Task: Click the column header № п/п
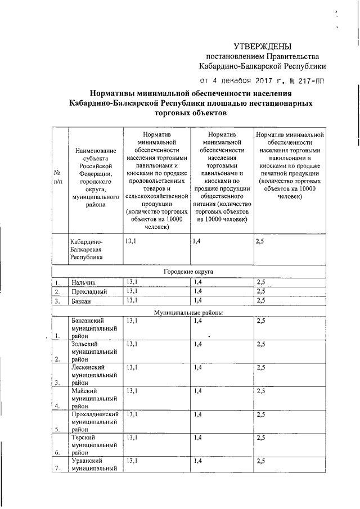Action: pos(58,177)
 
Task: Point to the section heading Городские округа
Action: pos(188,271)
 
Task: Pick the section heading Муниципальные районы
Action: pos(188,312)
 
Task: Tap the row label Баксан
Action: pos(82,301)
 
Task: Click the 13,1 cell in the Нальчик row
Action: pos(132,281)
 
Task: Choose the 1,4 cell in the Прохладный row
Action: pos(197,291)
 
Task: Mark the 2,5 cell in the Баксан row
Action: pos(260,301)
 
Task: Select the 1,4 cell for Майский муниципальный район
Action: pos(197,390)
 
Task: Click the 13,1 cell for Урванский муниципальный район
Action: pos(132,461)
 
